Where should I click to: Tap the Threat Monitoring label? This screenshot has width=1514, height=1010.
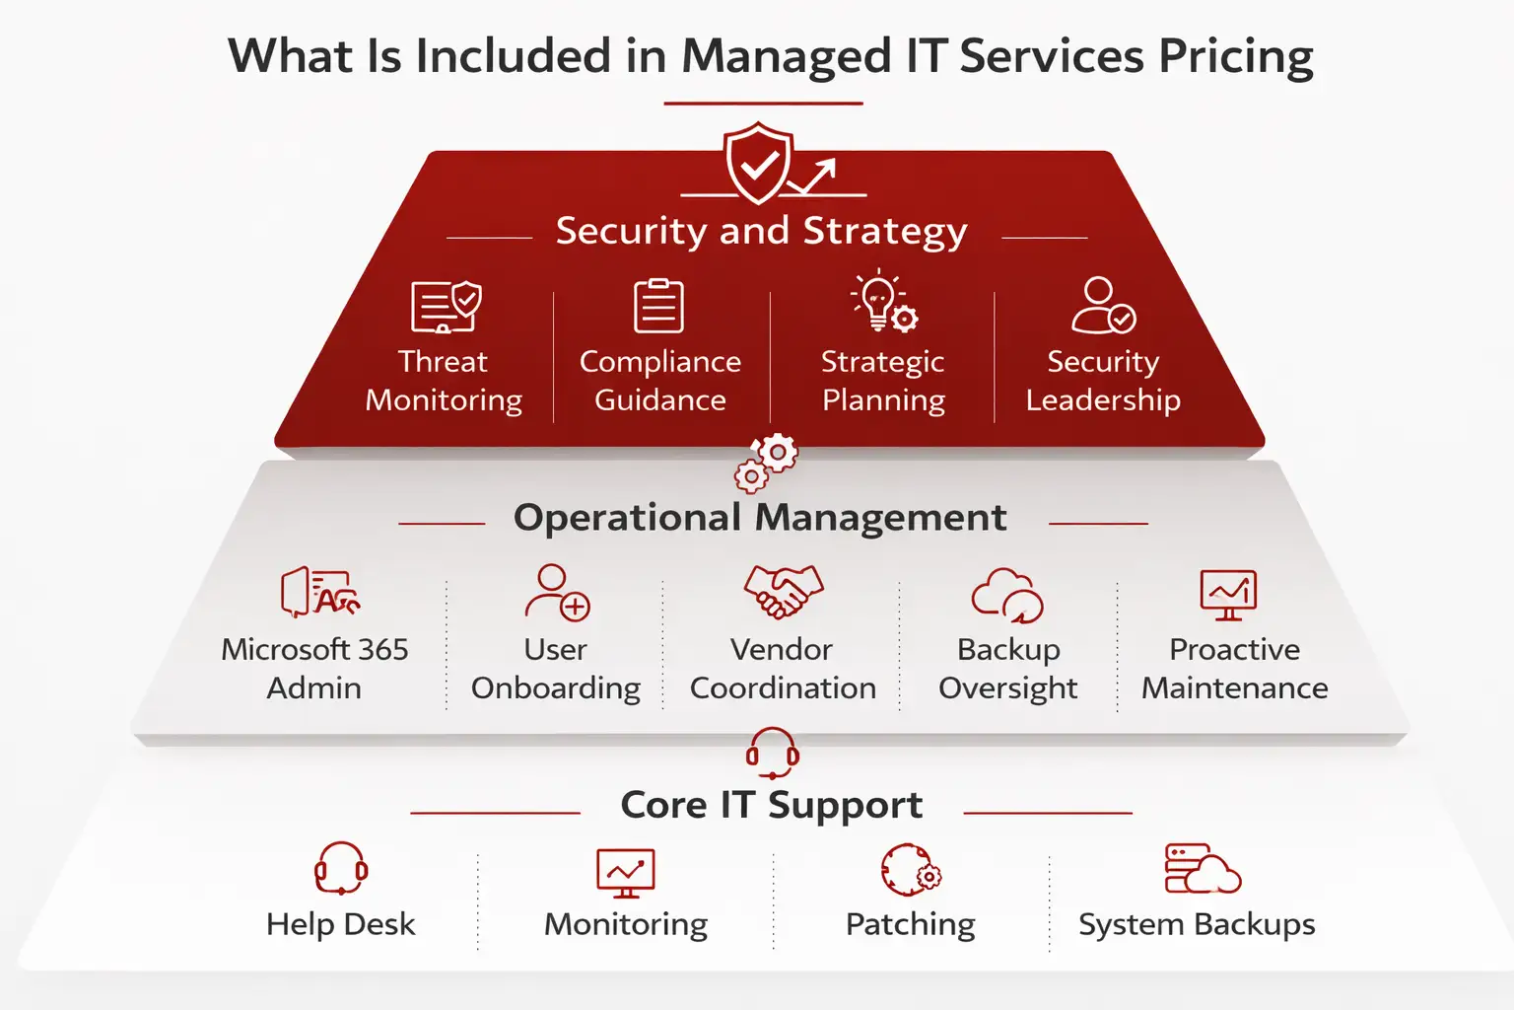(x=444, y=381)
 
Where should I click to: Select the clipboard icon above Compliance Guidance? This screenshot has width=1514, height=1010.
(x=658, y=306)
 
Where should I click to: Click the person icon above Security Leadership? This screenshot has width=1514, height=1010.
(x=1103, y=306)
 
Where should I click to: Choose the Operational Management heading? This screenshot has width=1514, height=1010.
(x=760, y=518)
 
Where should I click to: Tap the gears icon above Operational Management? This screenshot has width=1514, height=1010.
(x=766, y=463)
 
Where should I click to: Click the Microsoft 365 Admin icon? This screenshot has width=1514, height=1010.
(x=318, y=592)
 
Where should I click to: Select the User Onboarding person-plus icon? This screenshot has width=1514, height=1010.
(x=557, y=592)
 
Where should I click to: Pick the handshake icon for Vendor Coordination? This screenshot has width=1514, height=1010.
(x=783, y=592)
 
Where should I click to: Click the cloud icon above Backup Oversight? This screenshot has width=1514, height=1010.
(x=1007, y=595)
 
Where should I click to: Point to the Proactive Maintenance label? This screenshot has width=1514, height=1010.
(x=1234, y=669)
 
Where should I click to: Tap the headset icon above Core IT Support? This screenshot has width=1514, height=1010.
(x=772, y=754)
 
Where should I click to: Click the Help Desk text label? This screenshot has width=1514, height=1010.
(x=341, y=924)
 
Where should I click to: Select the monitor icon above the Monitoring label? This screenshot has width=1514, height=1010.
(x=626, y=873)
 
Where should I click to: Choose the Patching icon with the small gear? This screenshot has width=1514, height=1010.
(x=910, y=870)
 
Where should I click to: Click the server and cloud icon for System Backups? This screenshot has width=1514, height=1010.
(x=1201, y=869)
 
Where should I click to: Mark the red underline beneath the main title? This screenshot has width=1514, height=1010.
(x=763, y=103)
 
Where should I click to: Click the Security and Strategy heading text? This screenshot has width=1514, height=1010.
(x=761, y=232)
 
